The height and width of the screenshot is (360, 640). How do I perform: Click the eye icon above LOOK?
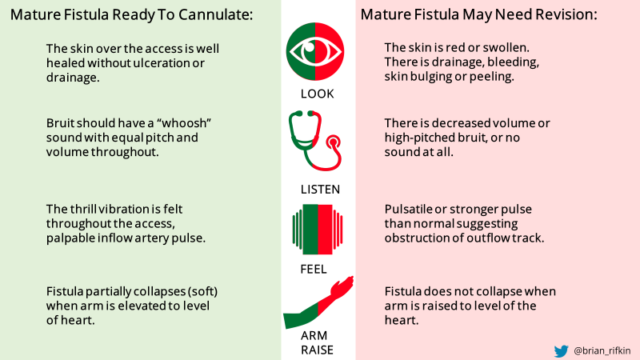[315, 52]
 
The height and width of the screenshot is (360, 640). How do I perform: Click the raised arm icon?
[318, 303]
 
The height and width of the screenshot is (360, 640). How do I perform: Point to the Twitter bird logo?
[562, 350]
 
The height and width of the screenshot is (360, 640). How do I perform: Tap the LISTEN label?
[318, 190]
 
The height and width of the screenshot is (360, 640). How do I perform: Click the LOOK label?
[318, 94]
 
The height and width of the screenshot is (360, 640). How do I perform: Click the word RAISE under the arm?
[318, 350]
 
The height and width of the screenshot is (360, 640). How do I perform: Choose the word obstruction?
[418, 238]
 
